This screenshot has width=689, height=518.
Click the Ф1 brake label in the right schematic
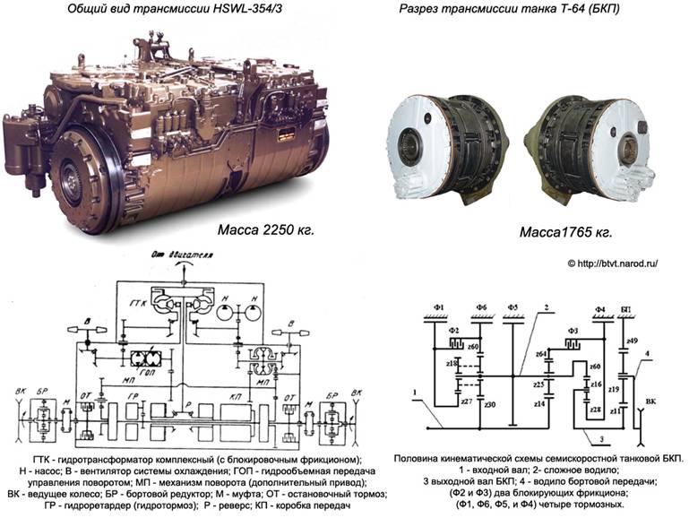(x=439, y=310)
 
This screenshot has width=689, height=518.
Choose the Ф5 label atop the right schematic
(x=512, y=310)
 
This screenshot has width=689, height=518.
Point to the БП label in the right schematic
(x=625, y=310)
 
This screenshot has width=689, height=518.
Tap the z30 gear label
(x=490, y=405)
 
